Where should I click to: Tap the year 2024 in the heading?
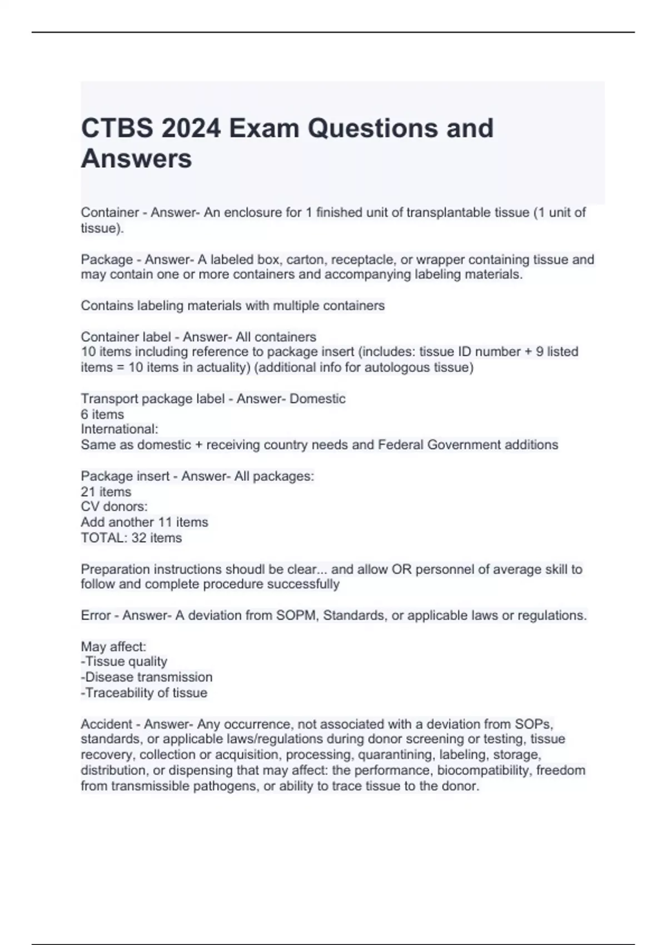coord(191,128)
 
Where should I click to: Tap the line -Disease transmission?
coord(147,677)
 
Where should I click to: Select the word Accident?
coord(106,724)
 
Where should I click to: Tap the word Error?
coord(96,615)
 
